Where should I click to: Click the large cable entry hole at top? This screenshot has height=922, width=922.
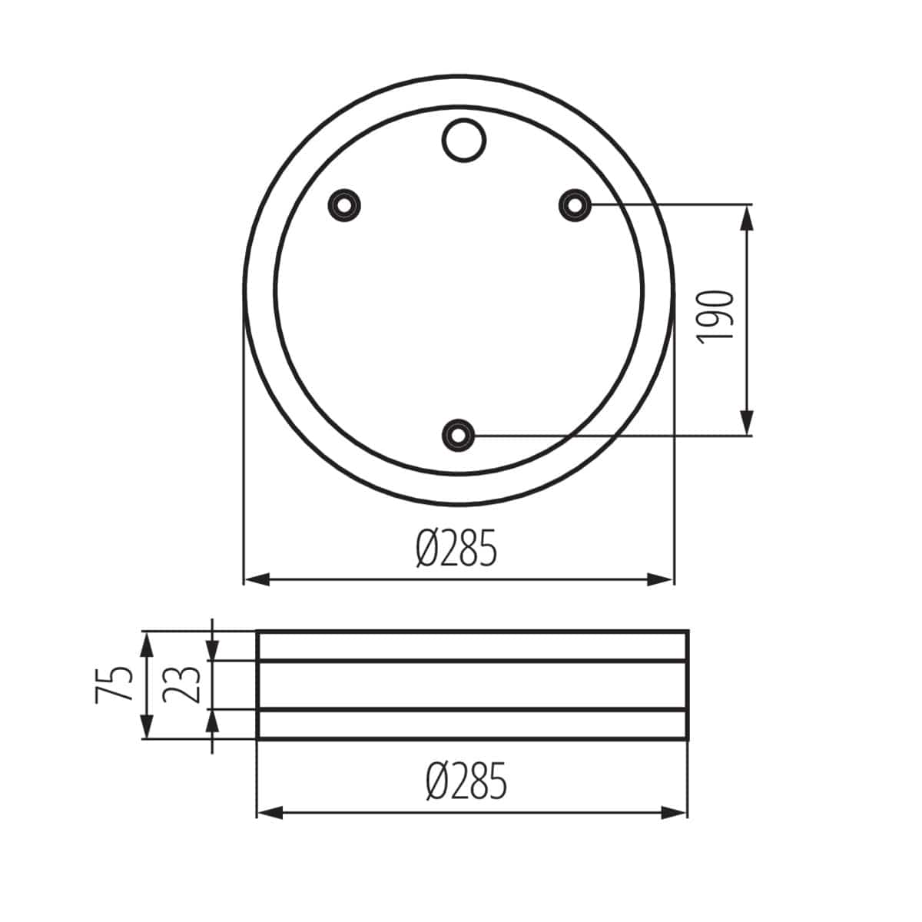(463, 140)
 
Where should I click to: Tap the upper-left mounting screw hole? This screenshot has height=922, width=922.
(345, 204)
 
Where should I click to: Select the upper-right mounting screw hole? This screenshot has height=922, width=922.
(573, 204)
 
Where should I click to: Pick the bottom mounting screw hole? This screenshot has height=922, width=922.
(459, 435)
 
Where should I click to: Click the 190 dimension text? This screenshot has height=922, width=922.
(718, 317)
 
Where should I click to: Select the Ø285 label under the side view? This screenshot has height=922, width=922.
(466, 781)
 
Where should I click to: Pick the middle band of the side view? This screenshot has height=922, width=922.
(472, 685)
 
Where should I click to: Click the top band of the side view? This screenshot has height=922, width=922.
(472, 645)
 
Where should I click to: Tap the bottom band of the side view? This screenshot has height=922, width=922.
(472, 725)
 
